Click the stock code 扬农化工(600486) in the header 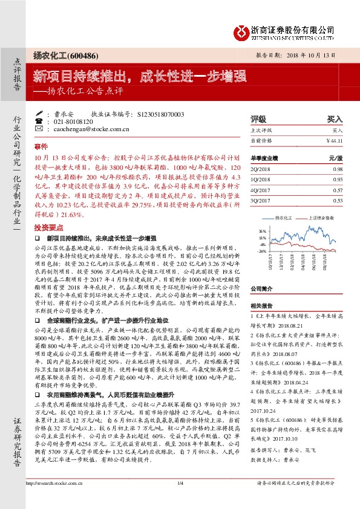[x=61, y=54]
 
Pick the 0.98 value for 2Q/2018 [x=336, y=169]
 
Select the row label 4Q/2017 [x=261, y=190]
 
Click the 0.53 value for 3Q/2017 [x=336, y=200]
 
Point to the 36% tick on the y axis [x=262, y=231]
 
